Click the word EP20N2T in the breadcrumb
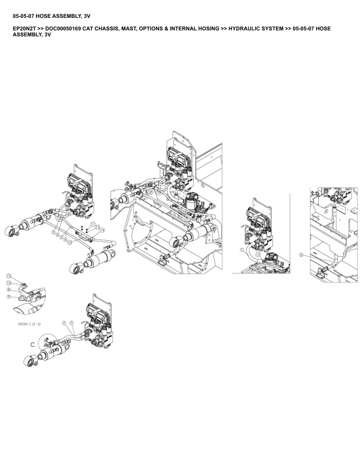[23, 28]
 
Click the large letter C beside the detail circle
[33, 344]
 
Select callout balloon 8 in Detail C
[8, 289]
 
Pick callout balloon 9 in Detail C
[8, 296]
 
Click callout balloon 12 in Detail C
[8, 282]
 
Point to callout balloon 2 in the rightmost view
[302, 254]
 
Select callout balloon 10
[69, 243]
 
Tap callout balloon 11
[93, 224]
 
